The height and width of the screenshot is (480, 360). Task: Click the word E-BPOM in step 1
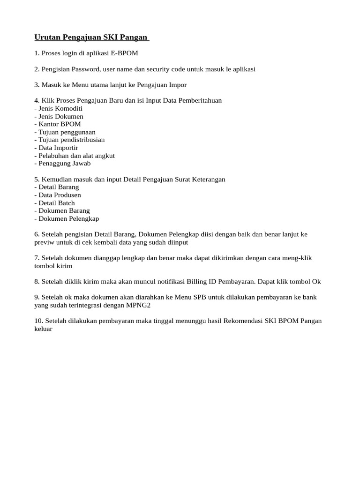pos(125,53)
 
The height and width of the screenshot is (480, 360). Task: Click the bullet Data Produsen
pos(60,195)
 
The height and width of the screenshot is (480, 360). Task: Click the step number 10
pos(38,321)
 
